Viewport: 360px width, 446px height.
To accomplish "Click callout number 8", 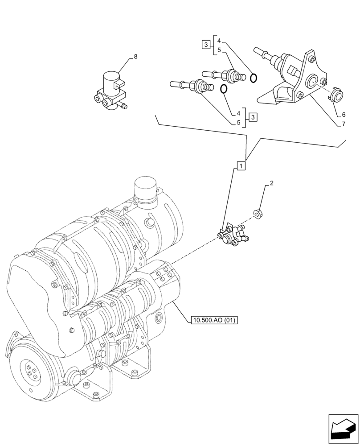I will click(x=135, y=57).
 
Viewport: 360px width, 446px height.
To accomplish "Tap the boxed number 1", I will click(x=241, y=166).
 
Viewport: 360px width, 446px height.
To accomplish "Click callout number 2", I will click(x=271, y=183).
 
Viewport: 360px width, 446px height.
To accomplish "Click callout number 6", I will click(x=344, y=114).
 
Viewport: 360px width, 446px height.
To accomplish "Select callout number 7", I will click(x=344, y=124).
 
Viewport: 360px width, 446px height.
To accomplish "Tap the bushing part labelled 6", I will click(x=336, y=95).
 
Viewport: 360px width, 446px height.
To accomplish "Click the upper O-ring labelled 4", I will click(x=254, y=78).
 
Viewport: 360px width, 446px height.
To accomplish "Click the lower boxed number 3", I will click(x=253, y=117).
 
